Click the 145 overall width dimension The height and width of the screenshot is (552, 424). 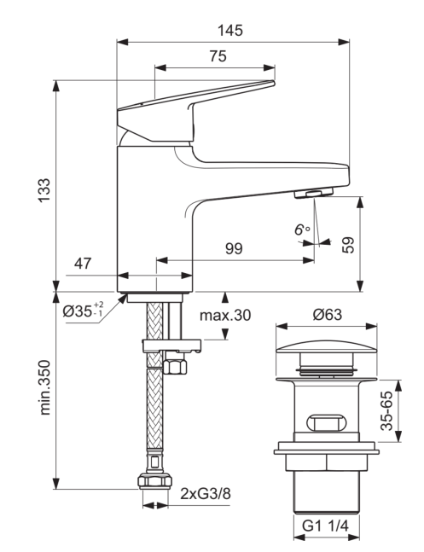pyautogui.click(x=230, y=30)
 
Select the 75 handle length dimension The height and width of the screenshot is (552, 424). pyautogui.click(x=218, y=56)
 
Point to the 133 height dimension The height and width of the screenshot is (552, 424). pyautogui.click(x=44, y=190)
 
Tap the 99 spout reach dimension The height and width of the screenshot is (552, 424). pyautogui.click(x=234, y=248)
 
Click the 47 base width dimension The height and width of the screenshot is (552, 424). pyautogui.click(x=83, y=263)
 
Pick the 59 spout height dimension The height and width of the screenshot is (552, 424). pyautogui.click(x=348, y=245)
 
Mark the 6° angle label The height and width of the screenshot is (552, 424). pyautogui.click(x=302, y=230)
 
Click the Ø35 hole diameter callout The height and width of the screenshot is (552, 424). pyautogui.click(x=84, y=310)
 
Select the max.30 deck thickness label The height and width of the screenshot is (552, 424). pyautogui.click(x=225, y=315)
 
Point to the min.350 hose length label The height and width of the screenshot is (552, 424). pyautogui.click(x=44, y=387)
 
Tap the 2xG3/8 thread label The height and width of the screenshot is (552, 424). pyautogui.click(x=206, y=494)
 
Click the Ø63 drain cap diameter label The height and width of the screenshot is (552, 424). pyautogui.click(x=327, y=314)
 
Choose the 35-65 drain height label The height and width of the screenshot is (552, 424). pyautogui.click(x=386, y=410)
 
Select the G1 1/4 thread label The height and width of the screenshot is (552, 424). pyautogui.click(x=326, y=526)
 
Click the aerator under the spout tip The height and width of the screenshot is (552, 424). pyautogui.click(x=313, y=193)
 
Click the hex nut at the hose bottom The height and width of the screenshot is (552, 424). pyautogui.click(x=155, y=481)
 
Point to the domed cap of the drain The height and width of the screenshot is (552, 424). pyautogui.click(x=327, y=346)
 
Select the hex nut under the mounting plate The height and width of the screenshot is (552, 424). pyautogui.click(x=175, y=367)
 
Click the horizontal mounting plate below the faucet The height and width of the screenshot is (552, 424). pyautogui.click(x=171, y=346)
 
